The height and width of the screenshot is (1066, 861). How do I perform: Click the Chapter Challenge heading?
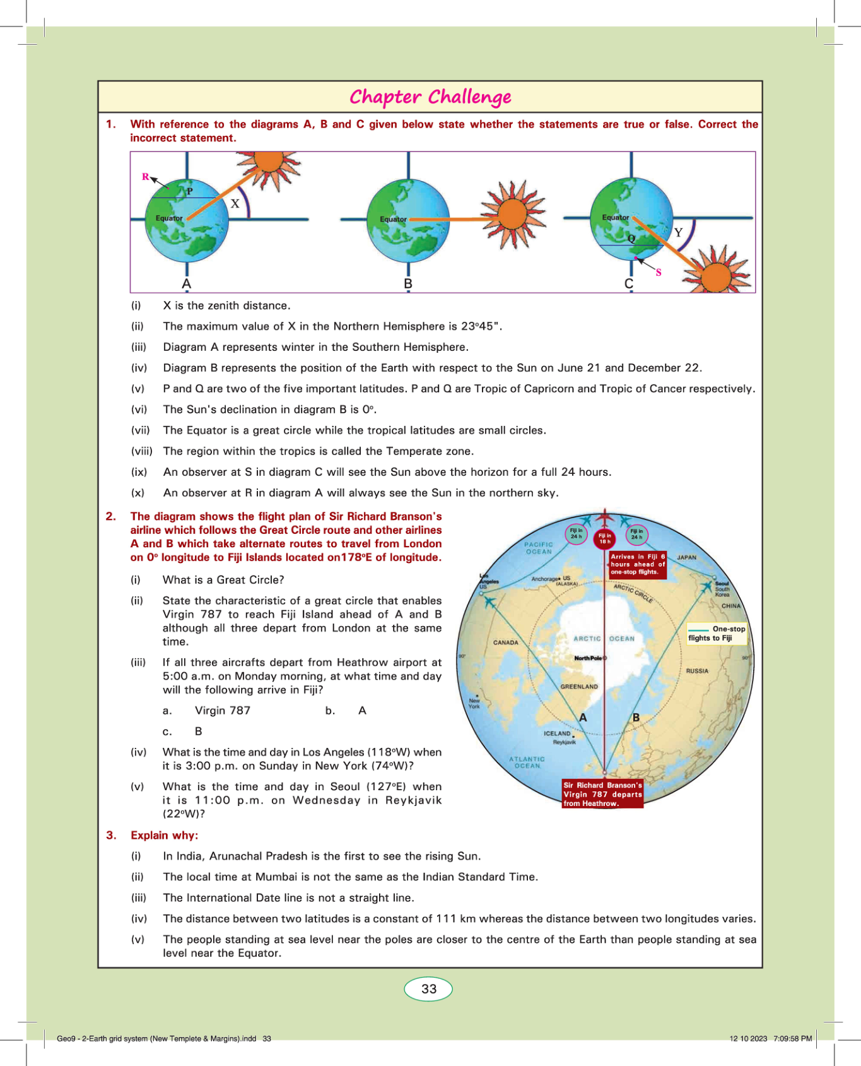(430, 97)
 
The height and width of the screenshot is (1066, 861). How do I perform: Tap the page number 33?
(429, 989)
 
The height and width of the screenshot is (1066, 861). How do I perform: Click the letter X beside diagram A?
(235, 204)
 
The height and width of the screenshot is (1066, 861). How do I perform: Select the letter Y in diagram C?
(678, 232)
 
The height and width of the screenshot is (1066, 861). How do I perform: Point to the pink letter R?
(146, 177)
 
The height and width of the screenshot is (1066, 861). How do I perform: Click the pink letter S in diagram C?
(659, 273)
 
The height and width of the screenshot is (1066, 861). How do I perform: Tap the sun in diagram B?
(512, 215)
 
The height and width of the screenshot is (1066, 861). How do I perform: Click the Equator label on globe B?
(393, 220)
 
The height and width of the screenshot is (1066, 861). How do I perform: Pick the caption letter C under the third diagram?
(629, 284)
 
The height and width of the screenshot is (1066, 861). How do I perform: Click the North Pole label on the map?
(589, 658)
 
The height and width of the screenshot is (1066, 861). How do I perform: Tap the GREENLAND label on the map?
(579, 687)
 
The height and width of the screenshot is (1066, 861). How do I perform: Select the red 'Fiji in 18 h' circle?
(605, 538)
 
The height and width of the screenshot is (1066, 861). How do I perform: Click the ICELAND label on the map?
(557, 734)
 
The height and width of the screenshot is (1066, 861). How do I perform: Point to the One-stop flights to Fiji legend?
(717, 634)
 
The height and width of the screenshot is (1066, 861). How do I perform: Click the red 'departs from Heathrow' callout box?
(602, 795)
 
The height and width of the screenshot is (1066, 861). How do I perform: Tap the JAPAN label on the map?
(686, 558)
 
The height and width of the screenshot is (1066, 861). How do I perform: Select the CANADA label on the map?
(505, 643)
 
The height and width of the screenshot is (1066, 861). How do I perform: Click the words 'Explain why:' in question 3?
(164, 836)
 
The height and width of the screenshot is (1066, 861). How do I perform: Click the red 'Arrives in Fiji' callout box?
(638, 564)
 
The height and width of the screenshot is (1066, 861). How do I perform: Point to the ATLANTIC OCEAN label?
(527, 762)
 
